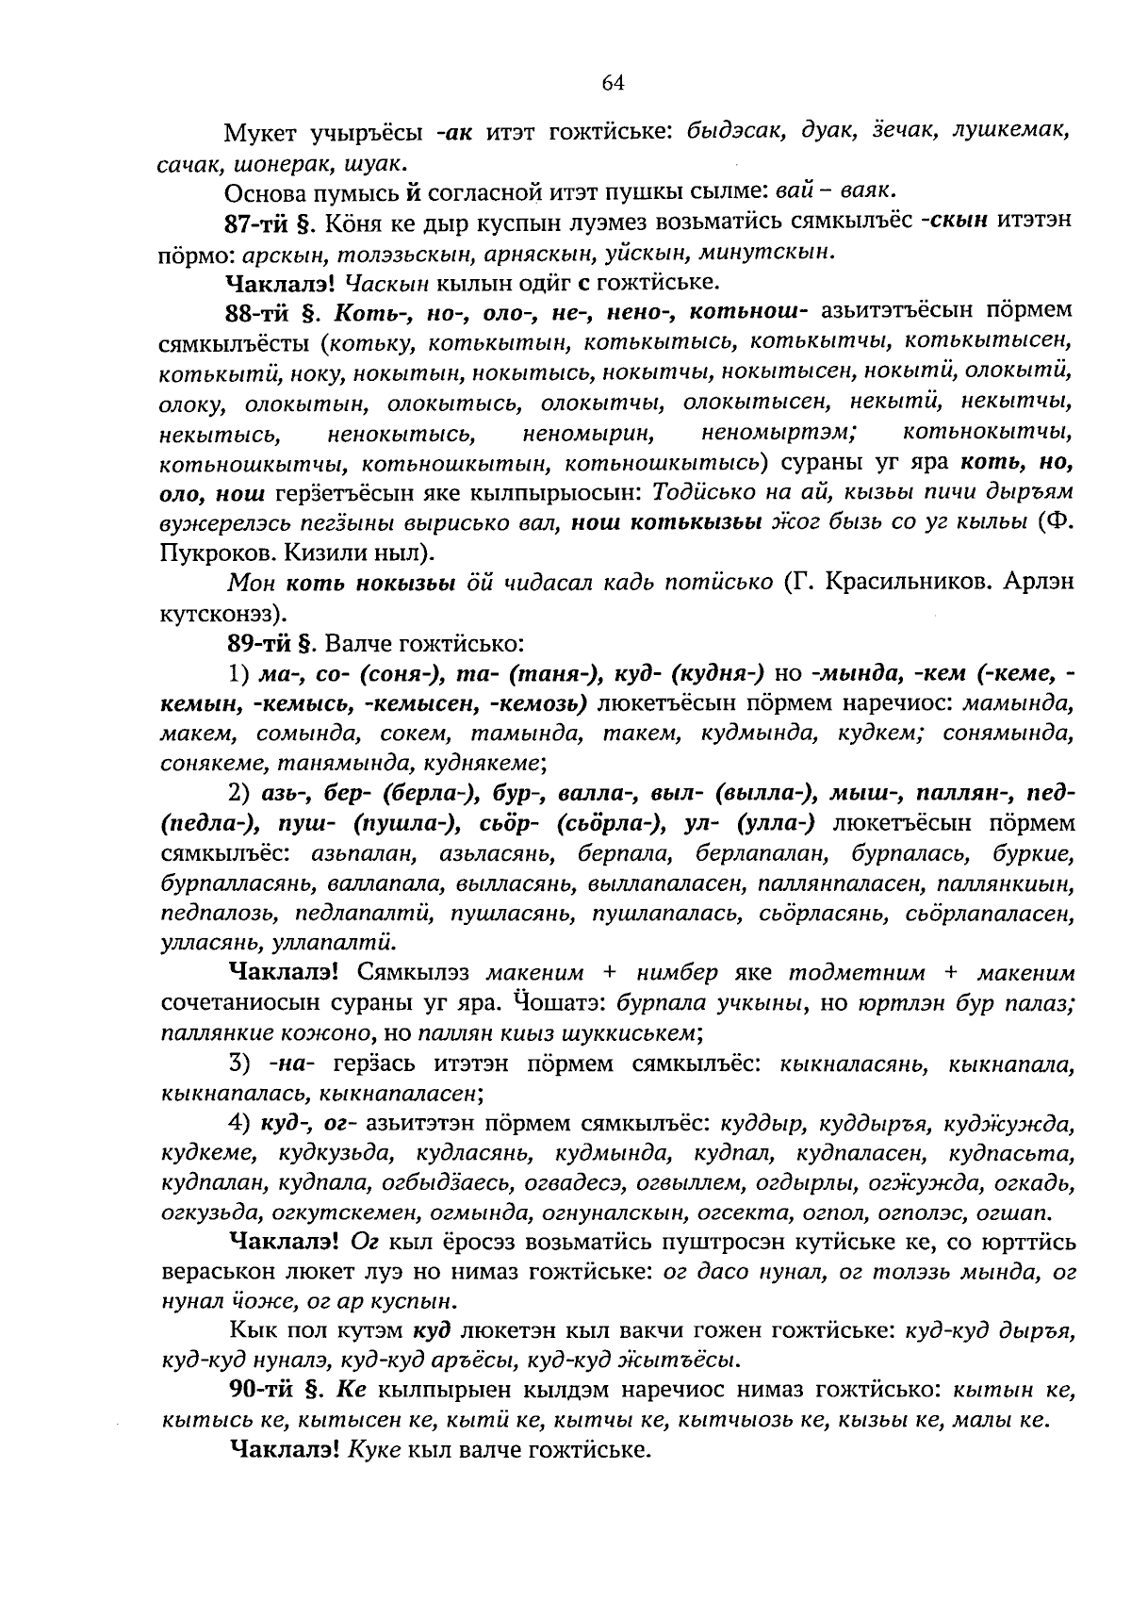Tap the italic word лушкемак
click(1014, 132)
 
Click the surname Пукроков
click(214, 552)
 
